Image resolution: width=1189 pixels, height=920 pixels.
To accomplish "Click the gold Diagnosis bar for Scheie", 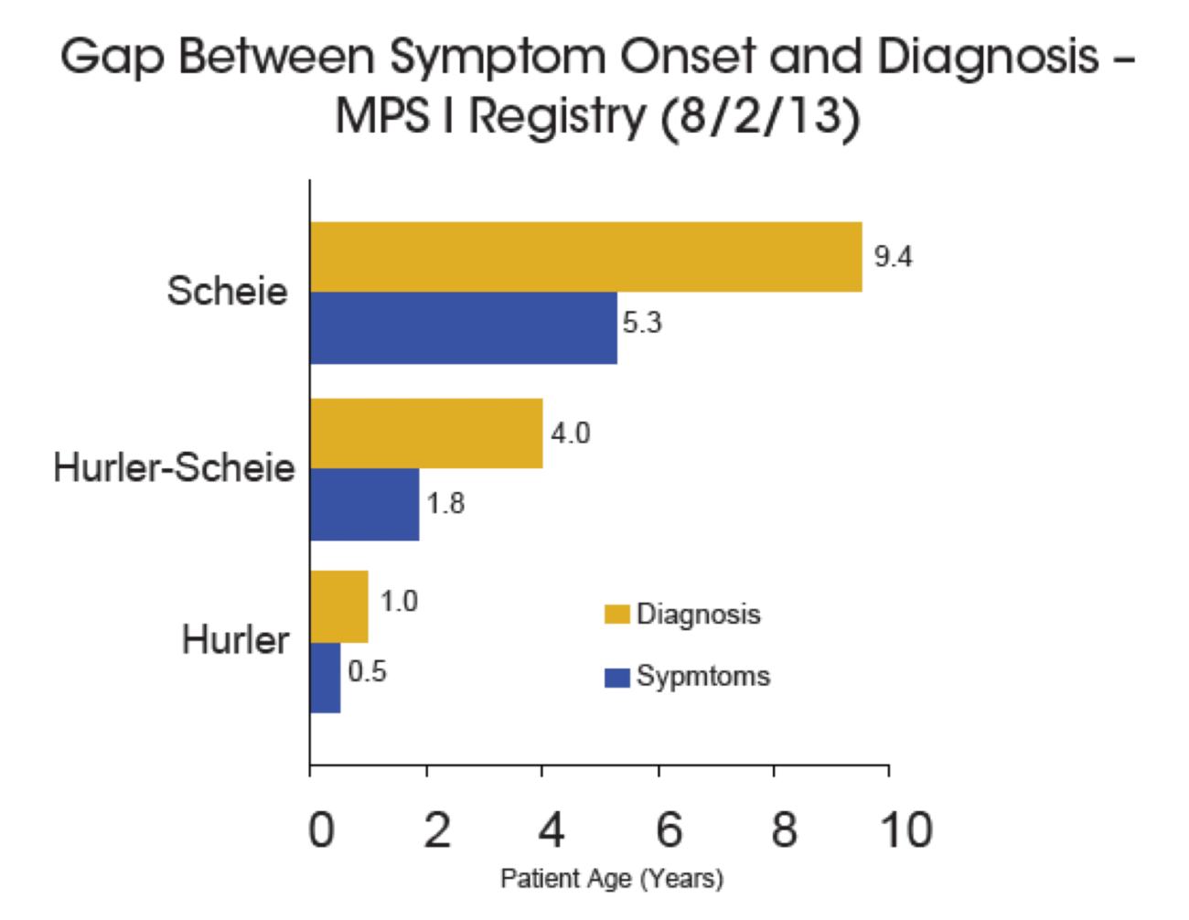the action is click(x=586, y=257).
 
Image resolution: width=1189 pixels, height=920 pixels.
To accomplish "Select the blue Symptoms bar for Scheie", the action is click(x=464, y=327).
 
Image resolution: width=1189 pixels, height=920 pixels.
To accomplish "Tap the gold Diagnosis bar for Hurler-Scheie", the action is click(x=426, y=433).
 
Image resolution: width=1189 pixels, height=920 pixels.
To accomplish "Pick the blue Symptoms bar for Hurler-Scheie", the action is click(x=364, y=504).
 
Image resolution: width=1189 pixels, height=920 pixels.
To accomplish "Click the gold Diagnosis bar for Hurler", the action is click(x=339, y=606).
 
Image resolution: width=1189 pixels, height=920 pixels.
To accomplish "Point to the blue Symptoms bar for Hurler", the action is click(x=325, y=678).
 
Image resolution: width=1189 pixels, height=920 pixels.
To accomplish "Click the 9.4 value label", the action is click(x=893, y=257).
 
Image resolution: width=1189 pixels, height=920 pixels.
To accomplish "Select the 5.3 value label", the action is click(x=642, y=322).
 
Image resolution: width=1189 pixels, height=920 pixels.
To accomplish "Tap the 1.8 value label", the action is click(x=445, y=503).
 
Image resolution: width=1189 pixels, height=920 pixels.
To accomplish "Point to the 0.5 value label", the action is click(x=367, y=671).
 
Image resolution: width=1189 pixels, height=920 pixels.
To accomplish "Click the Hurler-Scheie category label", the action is click(x=174, y=467).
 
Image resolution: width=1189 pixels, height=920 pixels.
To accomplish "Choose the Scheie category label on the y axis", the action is click(x=227, y=291).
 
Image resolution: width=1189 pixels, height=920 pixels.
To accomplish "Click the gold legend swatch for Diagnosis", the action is click(x=616, y=614).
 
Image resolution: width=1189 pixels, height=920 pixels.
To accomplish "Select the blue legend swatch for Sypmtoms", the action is click(x=616, y=677).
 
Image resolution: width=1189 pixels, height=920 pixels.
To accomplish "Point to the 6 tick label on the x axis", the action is click(x=669, y=829).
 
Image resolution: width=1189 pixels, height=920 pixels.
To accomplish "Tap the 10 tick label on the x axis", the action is click(x=905, y=829).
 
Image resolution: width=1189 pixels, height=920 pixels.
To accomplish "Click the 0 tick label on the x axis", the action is click(x=321, y=829).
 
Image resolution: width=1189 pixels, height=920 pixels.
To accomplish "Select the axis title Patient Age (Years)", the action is click(x=612, y=879).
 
